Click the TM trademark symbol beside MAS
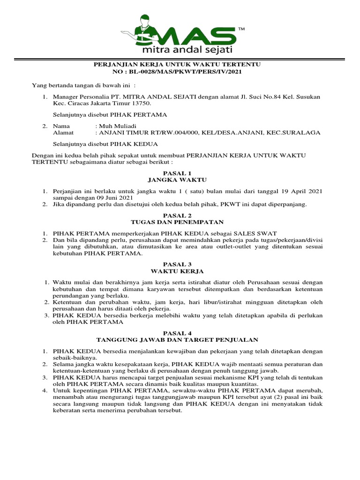(x=241, y=30)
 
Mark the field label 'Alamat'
(x=63, y=133)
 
